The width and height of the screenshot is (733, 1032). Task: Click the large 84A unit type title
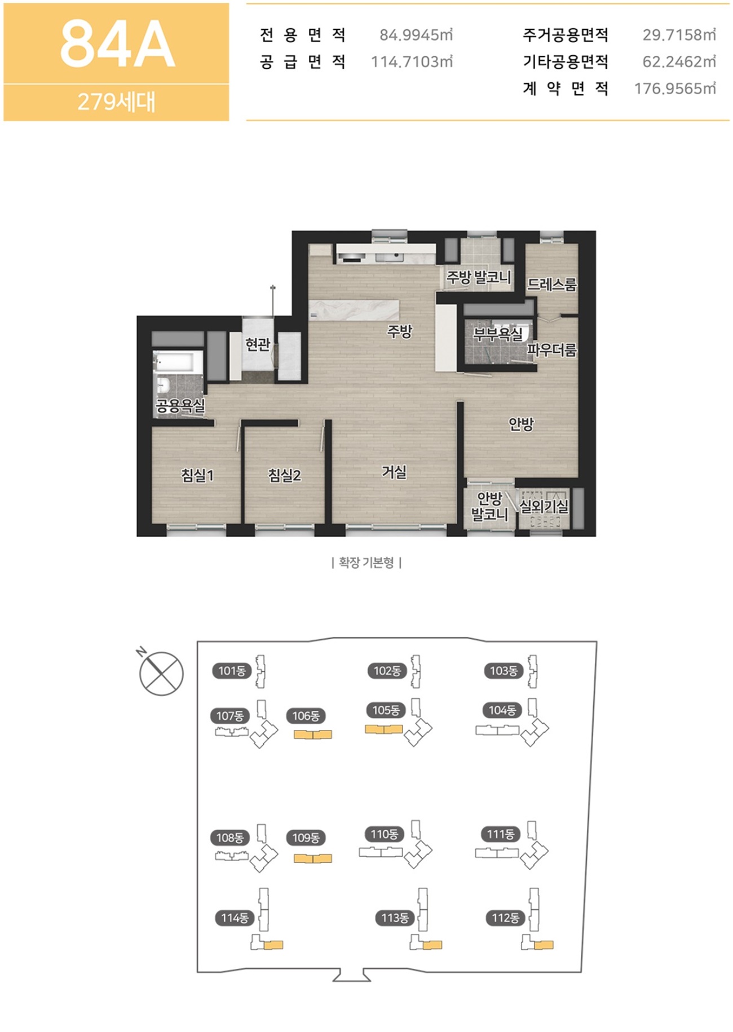coord(117,45)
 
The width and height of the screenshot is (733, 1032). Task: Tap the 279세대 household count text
coord(116,102)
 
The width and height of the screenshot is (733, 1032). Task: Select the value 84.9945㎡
coord(416,35)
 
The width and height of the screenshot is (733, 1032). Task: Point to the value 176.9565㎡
coord(675,88)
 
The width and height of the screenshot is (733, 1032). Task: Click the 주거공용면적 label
coord(566,35)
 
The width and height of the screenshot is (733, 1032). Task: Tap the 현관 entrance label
coord(258,344)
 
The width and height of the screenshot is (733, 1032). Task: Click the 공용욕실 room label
coord(180,405)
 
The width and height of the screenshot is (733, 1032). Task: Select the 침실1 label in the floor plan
coord(197,475)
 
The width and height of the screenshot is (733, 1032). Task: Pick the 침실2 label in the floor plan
coord(284,475)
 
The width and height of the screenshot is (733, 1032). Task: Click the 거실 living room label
coord(394,472)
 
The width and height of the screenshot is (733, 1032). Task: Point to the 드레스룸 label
coord(552,285)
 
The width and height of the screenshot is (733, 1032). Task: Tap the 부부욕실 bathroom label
coord(498,334)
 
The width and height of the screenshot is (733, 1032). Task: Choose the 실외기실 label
coord(544,506)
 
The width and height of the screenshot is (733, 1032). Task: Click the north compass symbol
coord(161,672)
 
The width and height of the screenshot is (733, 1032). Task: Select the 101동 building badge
coord(232,671)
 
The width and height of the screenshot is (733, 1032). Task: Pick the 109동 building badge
coord(306,838)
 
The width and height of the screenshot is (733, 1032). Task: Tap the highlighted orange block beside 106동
coord(313,734)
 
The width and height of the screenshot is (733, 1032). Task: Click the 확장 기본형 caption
coord(366,562)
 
